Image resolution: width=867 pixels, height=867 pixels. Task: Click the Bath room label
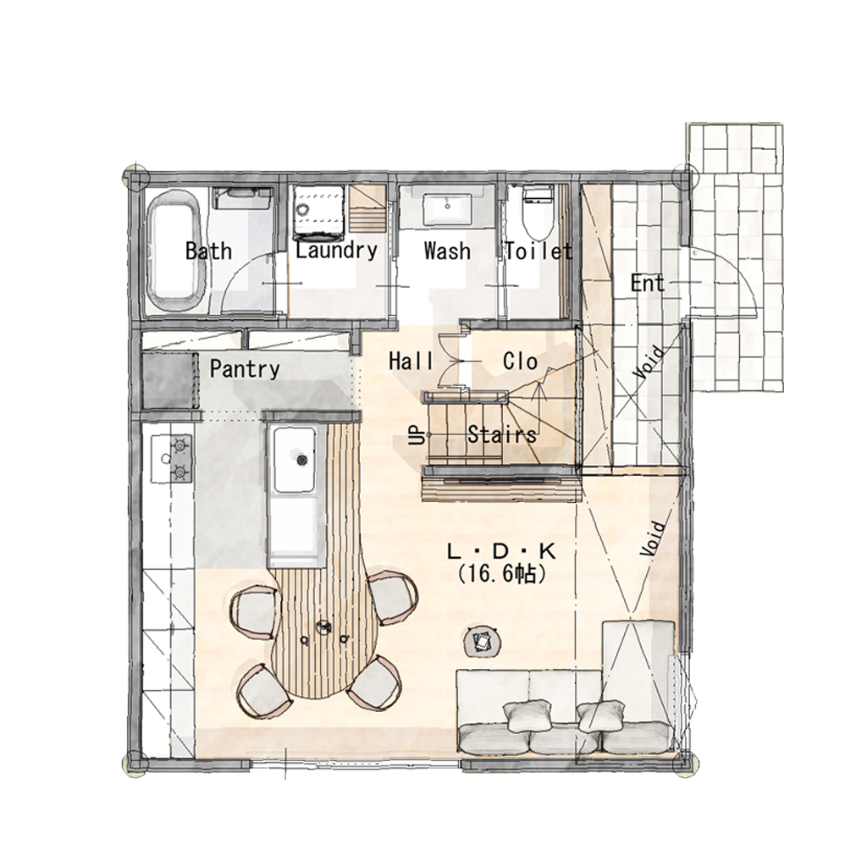[x=208, y=251]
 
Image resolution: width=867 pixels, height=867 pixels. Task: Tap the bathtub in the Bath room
[x=176, y=252]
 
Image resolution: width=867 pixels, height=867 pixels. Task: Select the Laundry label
[x=336, y=251]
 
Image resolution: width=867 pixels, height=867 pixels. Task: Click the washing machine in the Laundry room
[x=319, y=210]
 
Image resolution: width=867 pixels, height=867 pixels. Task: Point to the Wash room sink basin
[x=448, y=210]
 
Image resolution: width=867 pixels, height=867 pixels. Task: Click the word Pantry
[x=245, y=369]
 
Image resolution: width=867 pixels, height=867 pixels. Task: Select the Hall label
[x=411, y=361]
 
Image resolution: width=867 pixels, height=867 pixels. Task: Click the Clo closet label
[x=521, y=361]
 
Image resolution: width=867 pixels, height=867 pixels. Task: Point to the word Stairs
[x=502, y=434]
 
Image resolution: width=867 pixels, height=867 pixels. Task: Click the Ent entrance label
[x=648, y=284]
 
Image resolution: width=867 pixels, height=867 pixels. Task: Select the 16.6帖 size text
[x=502, y=575]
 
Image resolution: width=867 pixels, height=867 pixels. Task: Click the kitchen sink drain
[x=301, y=459]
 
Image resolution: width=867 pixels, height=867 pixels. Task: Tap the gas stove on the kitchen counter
[x=172, y=458]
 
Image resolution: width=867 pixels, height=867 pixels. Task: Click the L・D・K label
[x=501, y=551]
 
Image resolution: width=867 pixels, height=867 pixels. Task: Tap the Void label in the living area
[x=653, y=538]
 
